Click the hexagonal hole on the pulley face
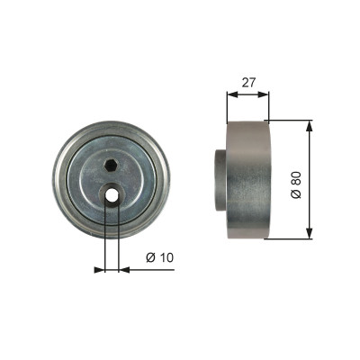(112, 166)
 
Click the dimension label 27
(248, 83)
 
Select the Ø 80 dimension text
(295, 185)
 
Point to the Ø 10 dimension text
(160, 257)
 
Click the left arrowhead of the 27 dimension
(232, 94)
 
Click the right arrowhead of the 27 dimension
(263, 94)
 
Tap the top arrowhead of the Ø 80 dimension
(310, 126)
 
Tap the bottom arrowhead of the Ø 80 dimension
(310, 233)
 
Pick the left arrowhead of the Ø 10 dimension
(99, 270)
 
